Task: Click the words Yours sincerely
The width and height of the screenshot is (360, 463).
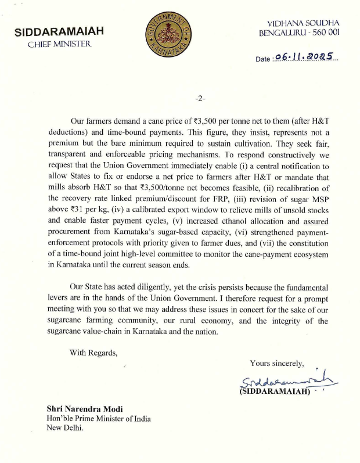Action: click(277, 364)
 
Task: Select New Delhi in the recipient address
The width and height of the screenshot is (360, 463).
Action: click(64, 429)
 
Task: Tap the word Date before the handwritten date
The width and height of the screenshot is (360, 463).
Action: click(262, 59)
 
